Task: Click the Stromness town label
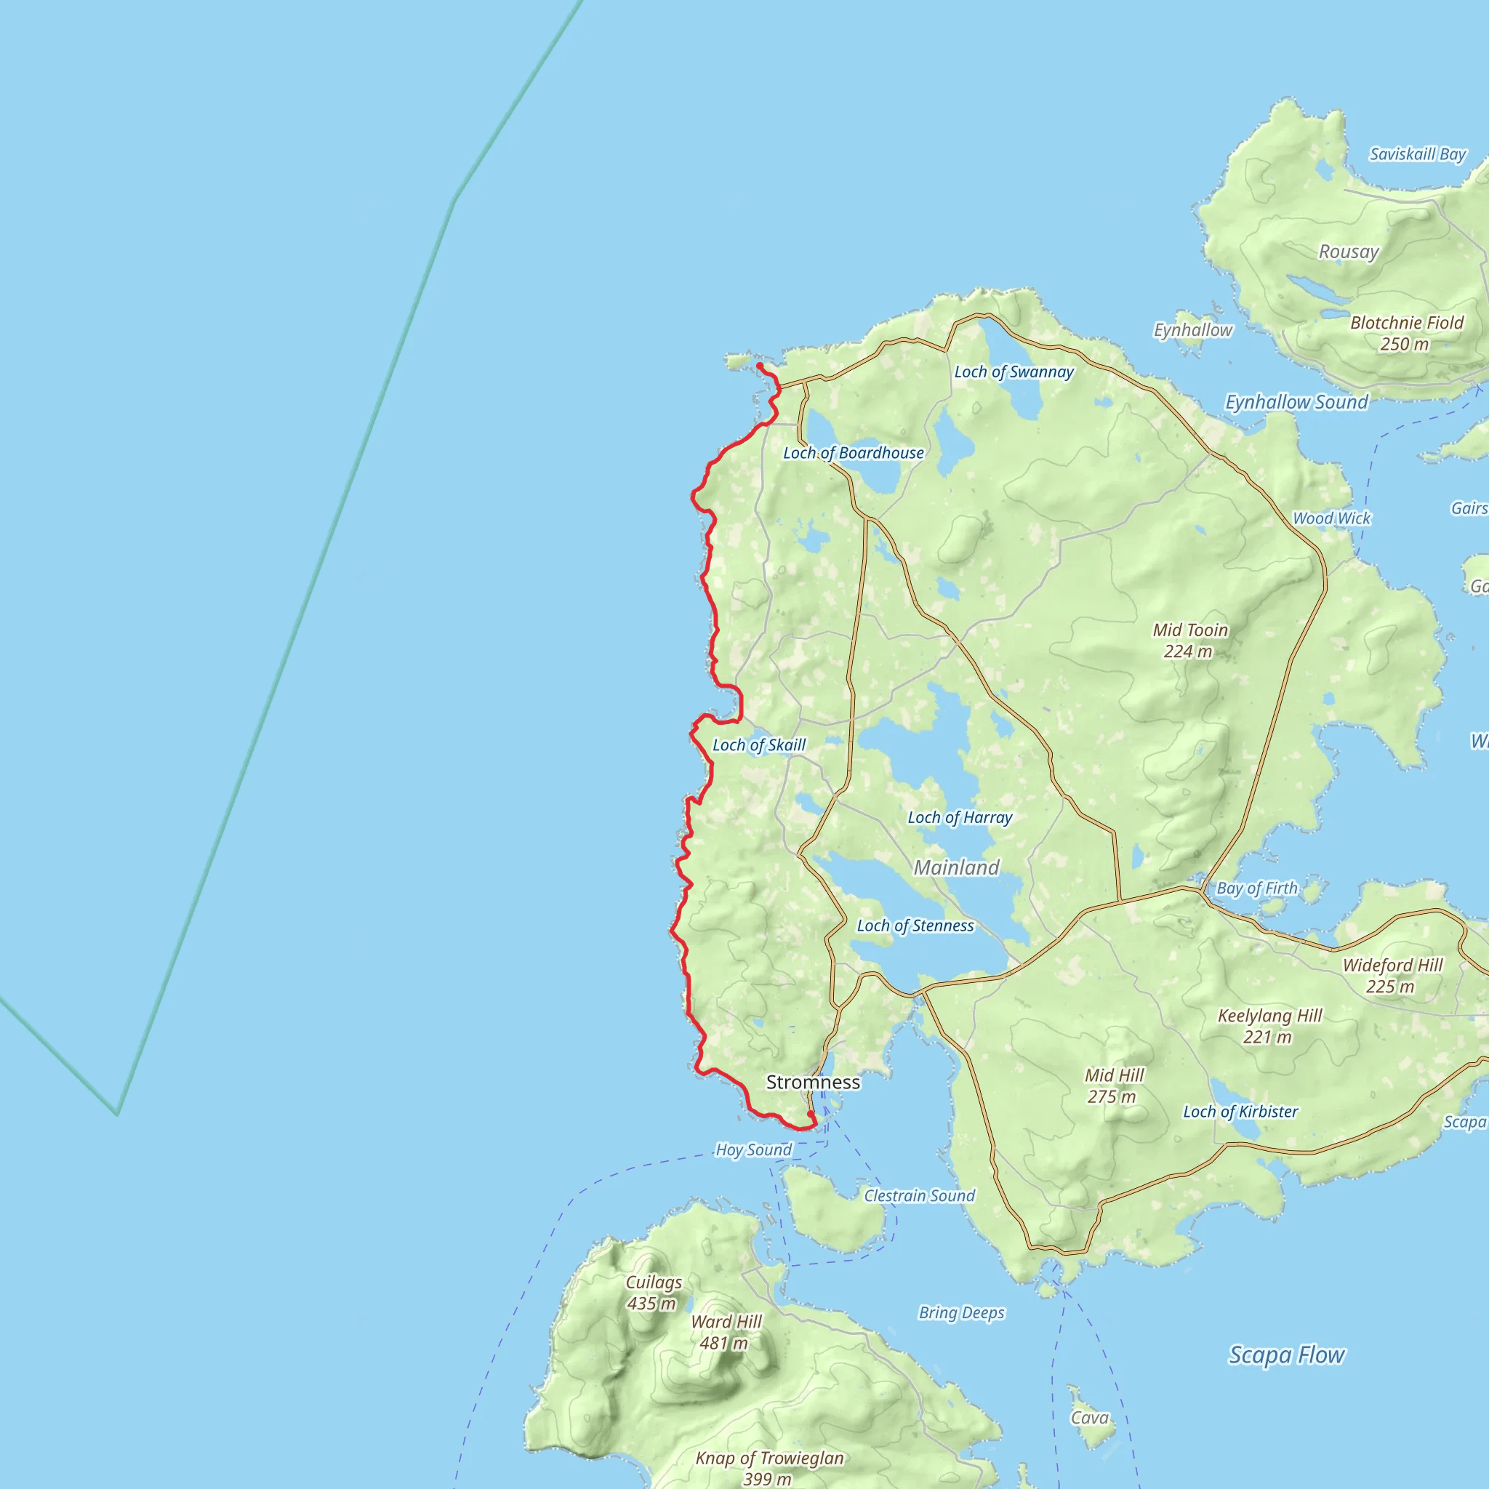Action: tap(812, 1082)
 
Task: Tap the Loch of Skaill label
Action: tap(758, 745)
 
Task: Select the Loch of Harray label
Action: tap(960, 818)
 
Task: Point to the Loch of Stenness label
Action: tap(915, 926)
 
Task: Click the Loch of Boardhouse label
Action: tap(853, 453)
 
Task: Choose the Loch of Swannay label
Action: tap(1014, 372)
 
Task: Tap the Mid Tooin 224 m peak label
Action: tap(1190, 641)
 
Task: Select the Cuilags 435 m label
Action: tap(653, 1293)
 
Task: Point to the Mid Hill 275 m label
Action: tap(1114, 1085)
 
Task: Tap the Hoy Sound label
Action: tap(753, 1150)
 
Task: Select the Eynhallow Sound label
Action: tap(1296, 402)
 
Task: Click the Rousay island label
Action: tap(1348, 252)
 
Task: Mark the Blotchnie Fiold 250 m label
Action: tap(1407, 333)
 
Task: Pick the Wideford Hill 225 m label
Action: tap(1392, 975)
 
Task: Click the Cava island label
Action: tap(1089, 1418)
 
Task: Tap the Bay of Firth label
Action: tap(1256, 888)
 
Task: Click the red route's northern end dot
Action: tap(759, 365)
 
